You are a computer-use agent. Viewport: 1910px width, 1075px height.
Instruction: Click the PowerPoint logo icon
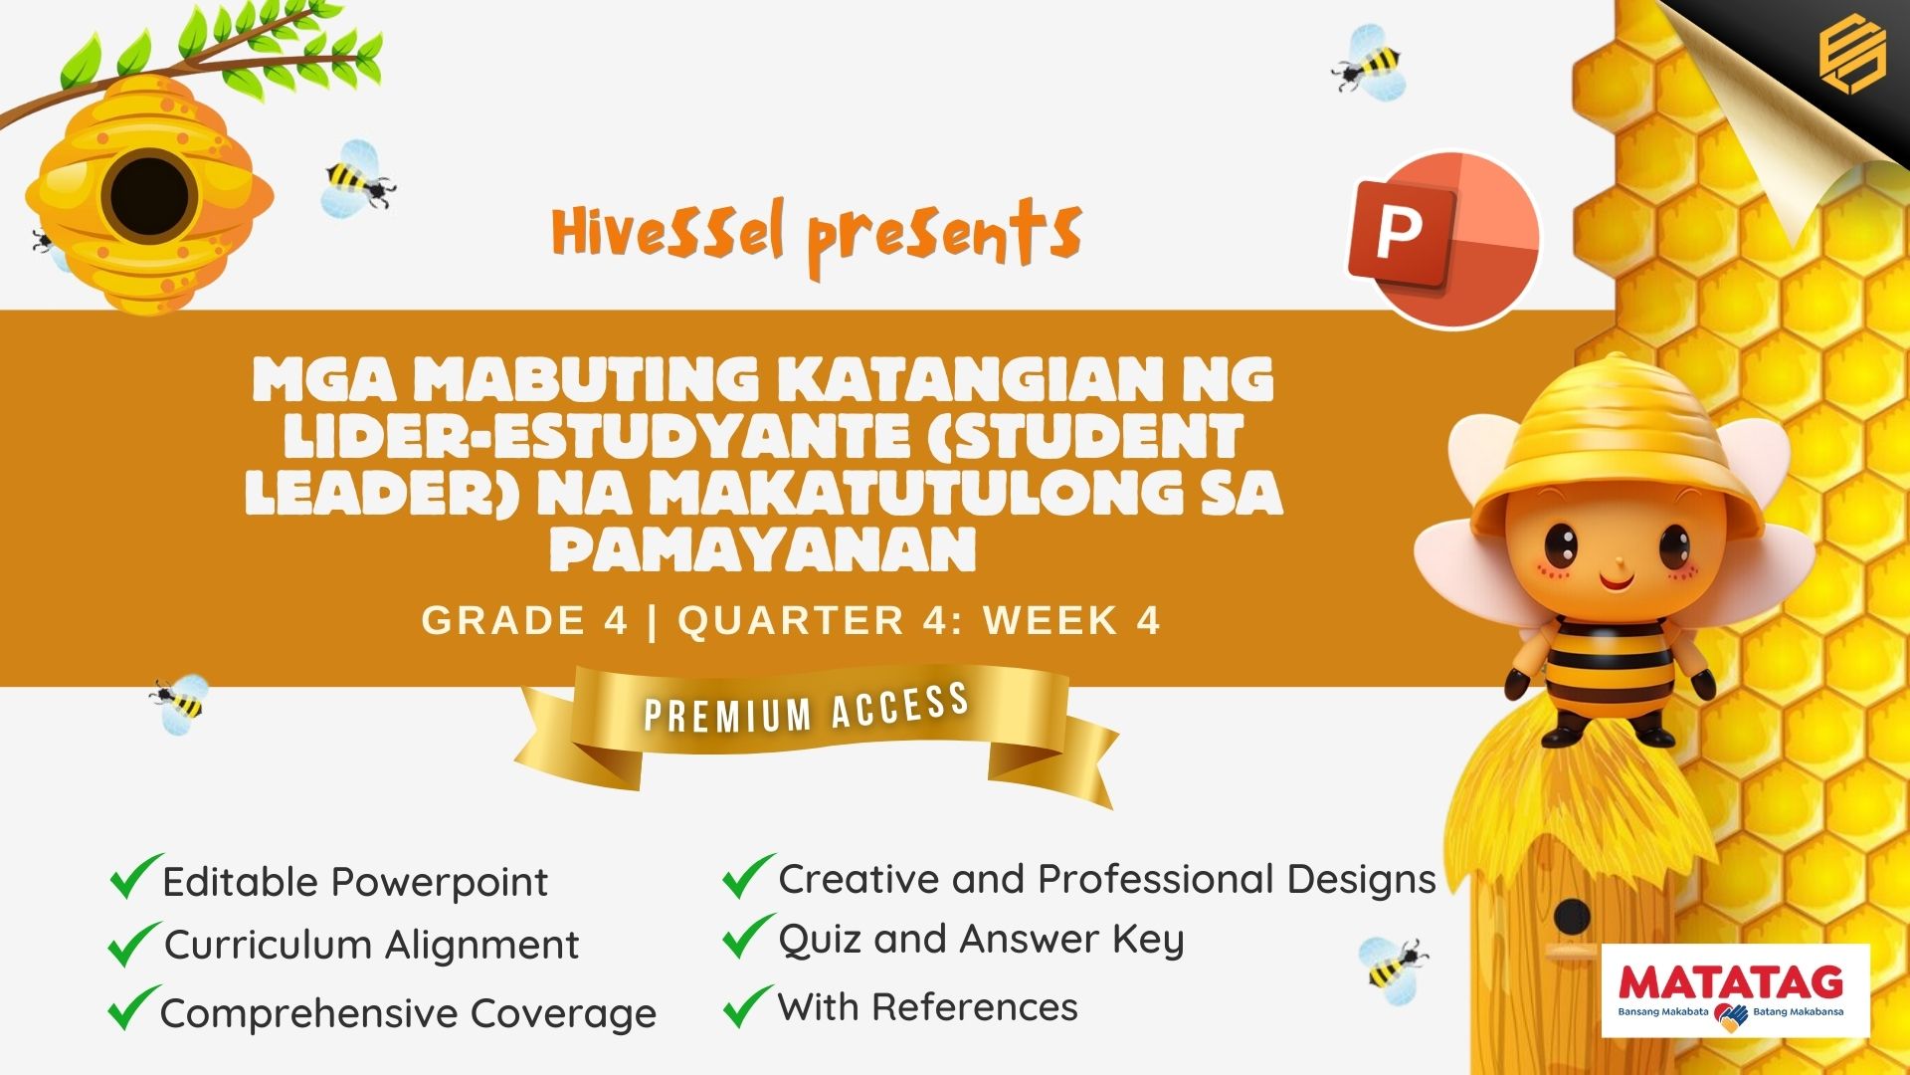click(x=1443, y=239)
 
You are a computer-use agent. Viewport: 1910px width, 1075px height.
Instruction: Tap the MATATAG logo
click(x=1736, y=991)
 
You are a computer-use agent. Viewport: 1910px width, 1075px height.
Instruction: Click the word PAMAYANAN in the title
click(x=763, y=548)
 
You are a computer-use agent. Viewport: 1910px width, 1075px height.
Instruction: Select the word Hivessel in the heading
click(x=668, y=232)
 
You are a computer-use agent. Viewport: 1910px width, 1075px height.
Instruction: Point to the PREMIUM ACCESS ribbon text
click(x=807, y=708)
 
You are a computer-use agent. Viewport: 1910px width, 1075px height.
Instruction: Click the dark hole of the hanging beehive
click(x=148, y=195)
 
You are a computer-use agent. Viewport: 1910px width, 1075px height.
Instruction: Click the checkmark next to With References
click(x=748, y=1004)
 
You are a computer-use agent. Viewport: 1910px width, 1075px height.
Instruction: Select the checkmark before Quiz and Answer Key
click(x=748, y=936)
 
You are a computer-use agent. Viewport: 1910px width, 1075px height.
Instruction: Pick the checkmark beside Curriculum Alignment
click(x=133, y=944)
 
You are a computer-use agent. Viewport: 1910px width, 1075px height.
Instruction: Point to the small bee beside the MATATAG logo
click(x=1392, y=965)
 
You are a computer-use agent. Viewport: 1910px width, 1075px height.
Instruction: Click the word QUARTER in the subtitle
click(x=792, y=620)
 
